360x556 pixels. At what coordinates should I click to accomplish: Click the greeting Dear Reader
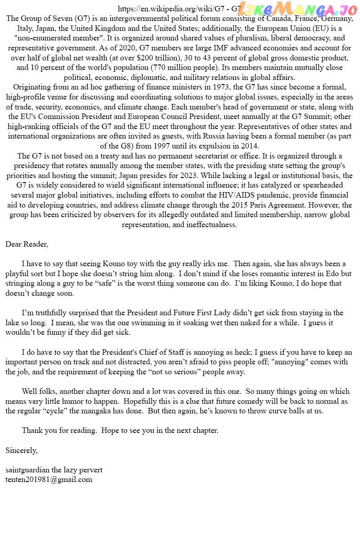pos(26,244)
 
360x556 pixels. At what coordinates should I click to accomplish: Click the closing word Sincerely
pos(21,451)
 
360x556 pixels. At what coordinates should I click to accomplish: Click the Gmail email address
pos(49,480)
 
